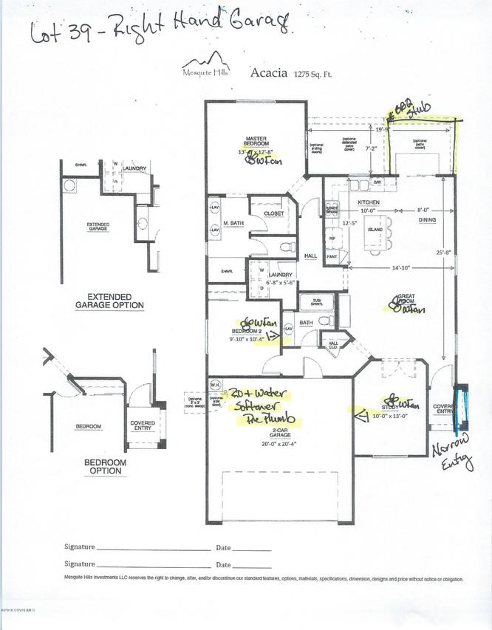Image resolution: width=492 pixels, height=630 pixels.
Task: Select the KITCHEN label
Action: pos(368,202)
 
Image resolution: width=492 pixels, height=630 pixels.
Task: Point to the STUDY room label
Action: pos(389,407)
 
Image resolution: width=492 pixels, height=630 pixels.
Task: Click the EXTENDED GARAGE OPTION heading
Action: pos(110,304)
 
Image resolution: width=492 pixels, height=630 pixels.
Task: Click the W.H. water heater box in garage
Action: pos(216,383)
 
